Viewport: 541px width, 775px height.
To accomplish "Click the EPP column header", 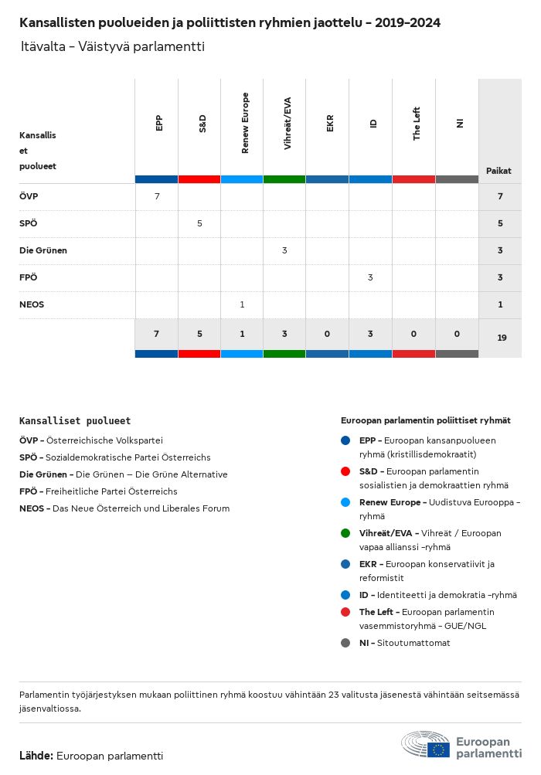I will tap(159, 123).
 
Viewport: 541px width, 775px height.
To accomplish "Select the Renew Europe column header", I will tap(245, 123).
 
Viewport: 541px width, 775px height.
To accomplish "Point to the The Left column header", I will tap(417, 123).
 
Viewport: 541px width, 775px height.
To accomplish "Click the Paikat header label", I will tap(498, 170).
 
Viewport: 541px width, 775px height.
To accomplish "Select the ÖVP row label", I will tap(29, 196).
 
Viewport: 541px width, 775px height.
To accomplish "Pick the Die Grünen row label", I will tap(43, 250).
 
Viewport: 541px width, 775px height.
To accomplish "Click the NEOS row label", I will tap(32, 304).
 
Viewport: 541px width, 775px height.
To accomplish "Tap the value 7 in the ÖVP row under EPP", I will tap(157, 196).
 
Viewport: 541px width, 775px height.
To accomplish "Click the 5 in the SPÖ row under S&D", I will tap(199, 223).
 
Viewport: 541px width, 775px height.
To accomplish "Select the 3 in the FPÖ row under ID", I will tap(370, 277).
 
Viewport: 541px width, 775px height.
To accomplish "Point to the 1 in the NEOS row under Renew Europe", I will tap(242, 304).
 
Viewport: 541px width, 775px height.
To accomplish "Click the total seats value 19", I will tap(502, 338).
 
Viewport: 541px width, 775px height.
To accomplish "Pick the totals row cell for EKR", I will tap(327, 334).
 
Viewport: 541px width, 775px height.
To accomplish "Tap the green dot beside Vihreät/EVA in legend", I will tap(345, 533).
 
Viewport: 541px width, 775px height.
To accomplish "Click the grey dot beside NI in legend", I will tap(345, 643).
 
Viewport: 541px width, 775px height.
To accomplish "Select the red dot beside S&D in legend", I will tap(345, 471).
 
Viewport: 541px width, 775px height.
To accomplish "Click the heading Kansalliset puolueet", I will tap(75, 421).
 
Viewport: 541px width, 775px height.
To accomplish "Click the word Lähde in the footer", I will tap(36, 756).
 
